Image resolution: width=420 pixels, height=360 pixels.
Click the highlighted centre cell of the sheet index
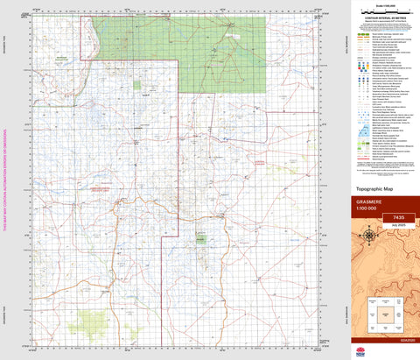385,311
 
